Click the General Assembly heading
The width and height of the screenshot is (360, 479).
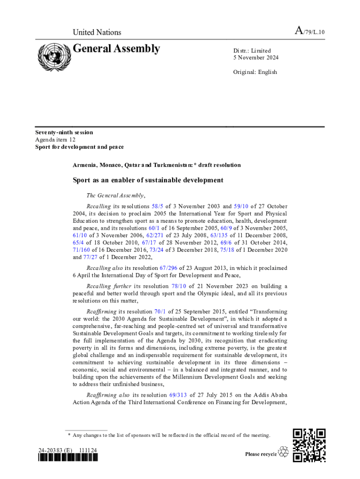116,49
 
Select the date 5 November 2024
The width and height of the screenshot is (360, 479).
256,58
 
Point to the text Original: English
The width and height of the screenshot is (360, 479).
255,72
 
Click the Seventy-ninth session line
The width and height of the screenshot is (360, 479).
64,132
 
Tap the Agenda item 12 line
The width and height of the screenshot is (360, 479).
56,139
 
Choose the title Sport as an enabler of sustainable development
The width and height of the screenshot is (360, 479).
148,180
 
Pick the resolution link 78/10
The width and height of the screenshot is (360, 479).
180,286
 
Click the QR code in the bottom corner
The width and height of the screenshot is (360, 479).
309,445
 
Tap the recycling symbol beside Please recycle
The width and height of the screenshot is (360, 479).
283,452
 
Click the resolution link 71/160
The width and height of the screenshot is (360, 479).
80,250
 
